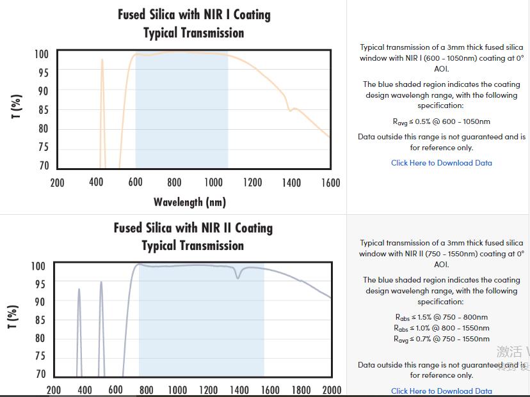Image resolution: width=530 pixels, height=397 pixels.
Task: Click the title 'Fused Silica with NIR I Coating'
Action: pyautogui.click(x=194, y=15)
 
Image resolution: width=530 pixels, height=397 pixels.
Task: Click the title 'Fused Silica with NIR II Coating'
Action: pyautogui.click(x=193, y=228)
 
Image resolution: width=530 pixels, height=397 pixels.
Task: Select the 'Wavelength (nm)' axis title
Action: pyautogui.click(x=189, y=203)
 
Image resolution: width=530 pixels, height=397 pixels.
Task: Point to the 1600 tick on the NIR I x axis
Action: pyautogui.click(x=330, y=183)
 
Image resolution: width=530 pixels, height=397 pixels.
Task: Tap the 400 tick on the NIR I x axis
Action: pyautogui.click(x=96, y=183)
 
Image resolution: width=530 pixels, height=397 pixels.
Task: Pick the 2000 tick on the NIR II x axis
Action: pyautogui.click(x=331, y=390)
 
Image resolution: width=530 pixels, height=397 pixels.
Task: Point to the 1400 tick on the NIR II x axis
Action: pyautogui.click(x=239, y=390)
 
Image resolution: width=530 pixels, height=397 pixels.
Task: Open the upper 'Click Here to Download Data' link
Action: pyautogui.click(x=442, y=163)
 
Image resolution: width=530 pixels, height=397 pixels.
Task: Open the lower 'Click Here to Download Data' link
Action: pyautogui.click(x=442, y=391)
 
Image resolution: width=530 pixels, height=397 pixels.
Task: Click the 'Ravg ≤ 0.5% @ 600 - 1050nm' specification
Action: pyautogui.click(x=442, y=121)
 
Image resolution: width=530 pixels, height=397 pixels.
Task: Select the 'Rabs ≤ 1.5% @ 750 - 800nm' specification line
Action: pyautogui.click(x=442, y=317)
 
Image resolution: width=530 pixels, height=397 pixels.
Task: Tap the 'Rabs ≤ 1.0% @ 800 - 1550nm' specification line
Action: pyautogui.click(x=442, y=328)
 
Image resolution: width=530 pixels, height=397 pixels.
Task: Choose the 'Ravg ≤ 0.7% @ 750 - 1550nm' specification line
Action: pyautogui.click(x=442, y=339)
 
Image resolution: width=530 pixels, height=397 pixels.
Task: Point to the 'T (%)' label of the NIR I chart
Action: pyautogui.click(x=17, y=107)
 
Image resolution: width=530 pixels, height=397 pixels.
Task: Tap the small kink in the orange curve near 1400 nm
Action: pyautogui.click(x=291, y=110)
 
